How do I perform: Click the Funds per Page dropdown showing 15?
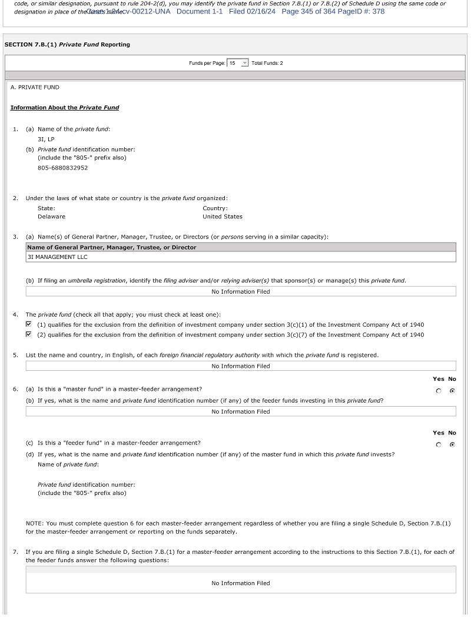click(238, 63)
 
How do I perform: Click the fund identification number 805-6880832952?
click(62, 168)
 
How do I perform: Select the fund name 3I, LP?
click(46, 139)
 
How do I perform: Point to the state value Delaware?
click(51, 217)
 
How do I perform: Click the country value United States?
click(222, 217)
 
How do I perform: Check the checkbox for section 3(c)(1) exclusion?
click(29, 324)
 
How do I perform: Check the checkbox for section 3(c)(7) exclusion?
click(29, 334)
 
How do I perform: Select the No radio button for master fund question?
click(452, 391)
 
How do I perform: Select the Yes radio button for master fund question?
click(439, 391)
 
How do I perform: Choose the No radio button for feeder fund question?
click(452, 445)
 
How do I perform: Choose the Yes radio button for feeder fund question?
click(439, 445)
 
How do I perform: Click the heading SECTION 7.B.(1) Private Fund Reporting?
click(67, 45)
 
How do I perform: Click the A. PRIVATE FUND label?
click(35, 87)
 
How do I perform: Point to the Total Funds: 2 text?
click(267, 63)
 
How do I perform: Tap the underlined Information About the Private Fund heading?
click(65, 108)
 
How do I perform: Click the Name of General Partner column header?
click(112, 247)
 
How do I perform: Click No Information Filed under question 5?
click(240, 366)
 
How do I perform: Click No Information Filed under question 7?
click(240, 583)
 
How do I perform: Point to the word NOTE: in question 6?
click(35, 523)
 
